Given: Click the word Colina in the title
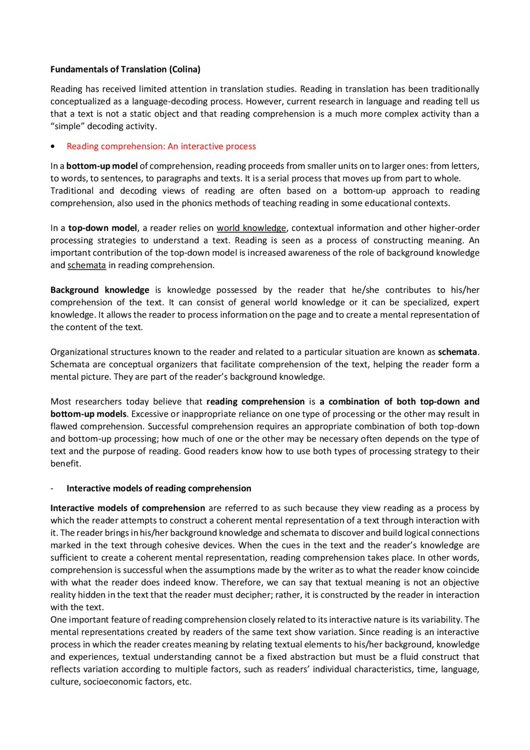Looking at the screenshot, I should coord(184,70).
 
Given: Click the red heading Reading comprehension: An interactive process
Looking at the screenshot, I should coord(161,146).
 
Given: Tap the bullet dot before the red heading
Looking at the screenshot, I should coord(53,147).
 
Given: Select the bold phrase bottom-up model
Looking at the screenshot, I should coord(102,166).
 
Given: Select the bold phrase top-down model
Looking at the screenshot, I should coord(102,228).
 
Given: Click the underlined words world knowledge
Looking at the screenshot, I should coord(251,228).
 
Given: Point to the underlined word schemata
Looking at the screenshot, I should coord(87,265).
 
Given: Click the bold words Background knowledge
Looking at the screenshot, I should coord(100,290).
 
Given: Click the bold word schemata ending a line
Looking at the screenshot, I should coord(457,352).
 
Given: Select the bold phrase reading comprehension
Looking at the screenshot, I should coord(255,402).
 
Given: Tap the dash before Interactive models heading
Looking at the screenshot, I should coord(52,489).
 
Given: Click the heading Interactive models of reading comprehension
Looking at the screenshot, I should coord(159,489).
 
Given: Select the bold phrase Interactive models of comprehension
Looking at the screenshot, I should coord(128,508).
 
